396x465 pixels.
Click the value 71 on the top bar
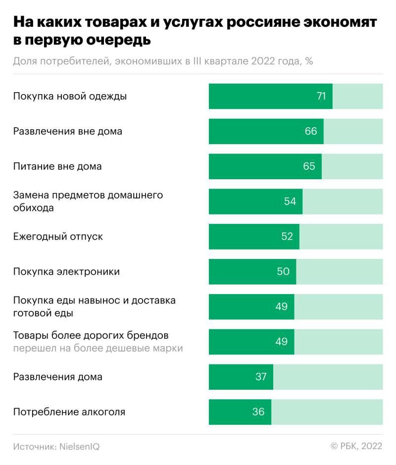pos(321,96)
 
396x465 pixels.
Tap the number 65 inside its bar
pos(309,166)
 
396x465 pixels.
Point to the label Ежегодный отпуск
pos(58,236)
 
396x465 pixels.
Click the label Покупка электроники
pos(66,271)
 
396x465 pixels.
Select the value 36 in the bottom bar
pos(258,412)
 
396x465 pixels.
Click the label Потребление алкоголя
pos(69,412)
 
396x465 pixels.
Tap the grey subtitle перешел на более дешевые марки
pos(98,348)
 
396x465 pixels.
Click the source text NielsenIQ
pos(79,446)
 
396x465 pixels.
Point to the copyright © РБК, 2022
pos(356,446)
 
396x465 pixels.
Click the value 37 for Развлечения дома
pos(261,376)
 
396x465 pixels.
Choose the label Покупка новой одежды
pos(70,96)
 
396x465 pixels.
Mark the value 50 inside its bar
pos(283,271)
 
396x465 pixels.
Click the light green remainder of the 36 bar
pos(327,412)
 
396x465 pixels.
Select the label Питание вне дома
pos(57,166)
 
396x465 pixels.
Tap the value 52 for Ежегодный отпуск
pos(287,236)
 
